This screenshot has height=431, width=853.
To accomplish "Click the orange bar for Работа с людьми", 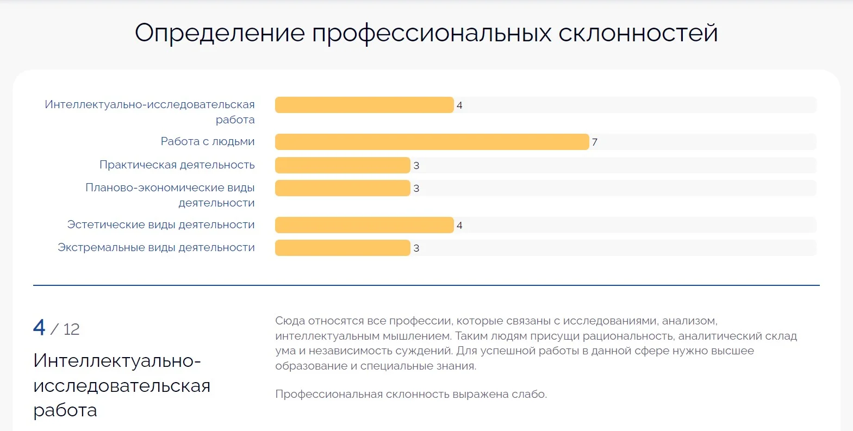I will click(x=432, y=142).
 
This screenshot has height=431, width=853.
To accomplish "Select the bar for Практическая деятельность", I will click(x=343, y=165).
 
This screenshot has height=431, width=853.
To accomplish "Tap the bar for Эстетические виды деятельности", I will click(x=364, y=225).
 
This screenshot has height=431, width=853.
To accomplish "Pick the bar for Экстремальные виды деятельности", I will click(x=343, y=248).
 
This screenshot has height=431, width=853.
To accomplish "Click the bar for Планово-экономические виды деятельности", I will click(x=343, y=188).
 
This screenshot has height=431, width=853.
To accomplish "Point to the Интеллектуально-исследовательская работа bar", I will click(x=364, y=105).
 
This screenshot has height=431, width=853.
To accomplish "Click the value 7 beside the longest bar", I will click(x=595, y=142).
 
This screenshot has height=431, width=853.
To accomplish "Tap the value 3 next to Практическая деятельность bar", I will click(x=416, y=166).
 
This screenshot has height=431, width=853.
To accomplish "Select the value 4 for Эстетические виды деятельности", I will click(x=459, y=226).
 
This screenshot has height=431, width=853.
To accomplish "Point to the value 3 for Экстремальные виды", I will click(x=416, y=248).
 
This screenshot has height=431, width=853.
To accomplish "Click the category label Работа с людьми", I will click(x=208, y=141).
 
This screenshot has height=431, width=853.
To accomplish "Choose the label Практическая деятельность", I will click(x=177, y=165).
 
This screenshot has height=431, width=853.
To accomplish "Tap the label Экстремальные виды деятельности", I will click(x=156, y=247).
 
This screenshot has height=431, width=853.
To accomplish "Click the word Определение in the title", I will click(x=220, y=34).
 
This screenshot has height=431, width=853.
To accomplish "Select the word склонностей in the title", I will click(x=638, y=34).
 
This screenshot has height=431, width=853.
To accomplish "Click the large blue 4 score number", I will click(x=39, y=328).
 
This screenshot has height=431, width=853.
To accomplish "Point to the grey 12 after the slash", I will click(x=71, y=329).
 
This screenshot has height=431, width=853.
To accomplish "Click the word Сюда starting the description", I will click(x=290, y=321).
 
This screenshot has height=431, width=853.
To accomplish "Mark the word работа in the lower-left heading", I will click(x=65, y=410).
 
